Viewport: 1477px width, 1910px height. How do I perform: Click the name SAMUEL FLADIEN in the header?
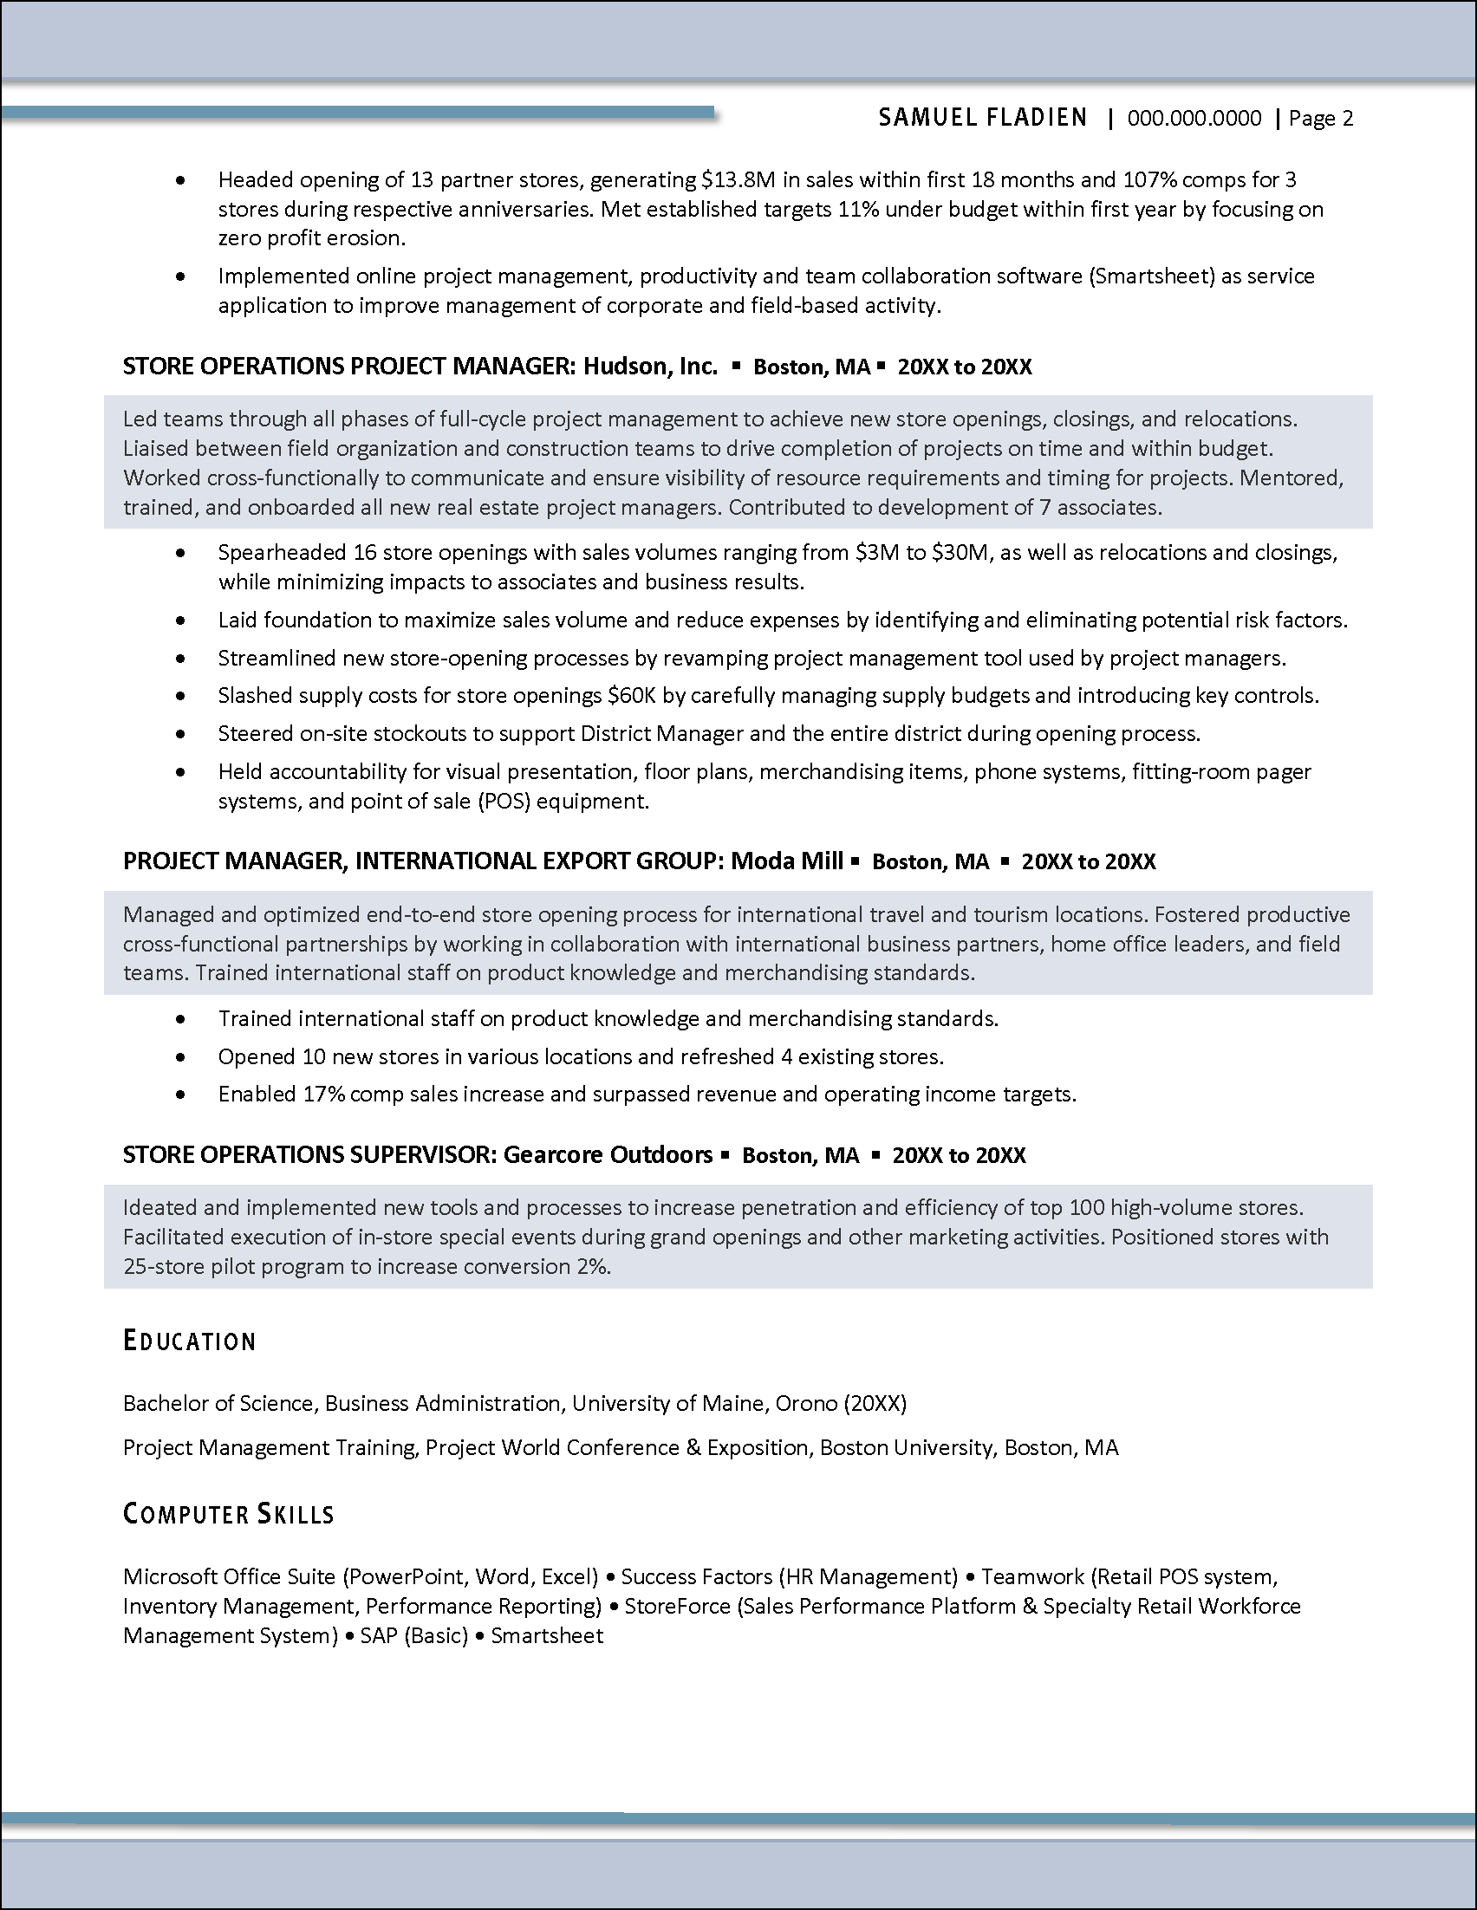(982, 118)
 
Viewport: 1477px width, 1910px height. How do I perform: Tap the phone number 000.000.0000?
(1194, 118)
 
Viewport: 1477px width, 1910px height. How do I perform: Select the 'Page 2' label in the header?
(1320, 118)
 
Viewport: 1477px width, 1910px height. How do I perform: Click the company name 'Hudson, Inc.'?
(650, 366)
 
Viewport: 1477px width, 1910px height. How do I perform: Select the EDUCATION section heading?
(190, 1341)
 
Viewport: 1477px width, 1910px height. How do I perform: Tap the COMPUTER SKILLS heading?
(228, 1514)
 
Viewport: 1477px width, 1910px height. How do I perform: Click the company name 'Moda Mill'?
(786, 861)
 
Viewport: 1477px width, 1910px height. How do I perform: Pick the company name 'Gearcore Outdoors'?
(608, 1154)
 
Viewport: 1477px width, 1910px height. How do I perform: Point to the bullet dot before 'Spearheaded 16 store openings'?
(180, 553)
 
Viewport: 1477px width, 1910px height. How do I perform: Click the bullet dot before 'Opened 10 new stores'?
(180, 1056)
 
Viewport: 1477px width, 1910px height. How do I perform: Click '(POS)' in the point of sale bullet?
(504, 801)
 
